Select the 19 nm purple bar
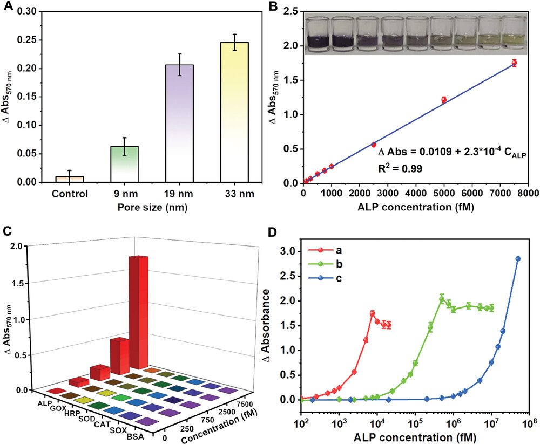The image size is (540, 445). pyautogui.click(x=179, y=124)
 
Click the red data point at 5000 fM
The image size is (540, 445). pyautogui.click(x=444, y=100)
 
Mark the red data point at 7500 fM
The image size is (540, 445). pyautogui.click(x=514, y=63)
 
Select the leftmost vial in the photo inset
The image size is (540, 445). pyautogui.click(x=315, y=36)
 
